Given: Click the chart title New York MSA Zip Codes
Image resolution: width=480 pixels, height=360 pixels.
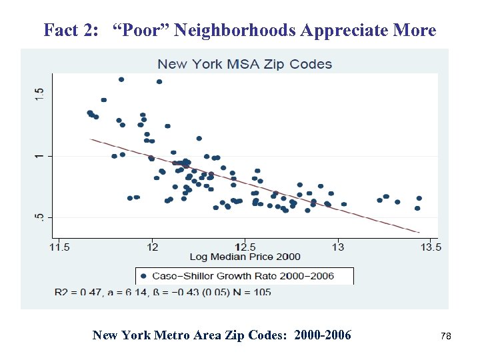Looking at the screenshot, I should (x=244, y=64).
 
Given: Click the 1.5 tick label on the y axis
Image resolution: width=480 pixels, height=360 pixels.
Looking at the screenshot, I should (x=39, y=95).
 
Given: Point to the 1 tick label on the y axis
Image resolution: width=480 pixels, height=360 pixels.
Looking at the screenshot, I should (x=39, y=156).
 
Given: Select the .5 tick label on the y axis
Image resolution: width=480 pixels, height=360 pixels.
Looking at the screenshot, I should (x=39, y=217).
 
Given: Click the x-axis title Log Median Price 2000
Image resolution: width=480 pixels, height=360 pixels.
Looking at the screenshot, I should (x=245, y=257).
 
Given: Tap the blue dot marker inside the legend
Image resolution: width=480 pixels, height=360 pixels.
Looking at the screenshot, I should (x=143, y=275).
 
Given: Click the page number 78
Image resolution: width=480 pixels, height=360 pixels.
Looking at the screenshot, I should (x=446, y=337).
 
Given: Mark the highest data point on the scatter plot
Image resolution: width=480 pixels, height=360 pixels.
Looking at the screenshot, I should (x=121, y=79).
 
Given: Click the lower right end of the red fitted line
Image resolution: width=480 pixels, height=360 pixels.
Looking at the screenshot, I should (x=419, y=233).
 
